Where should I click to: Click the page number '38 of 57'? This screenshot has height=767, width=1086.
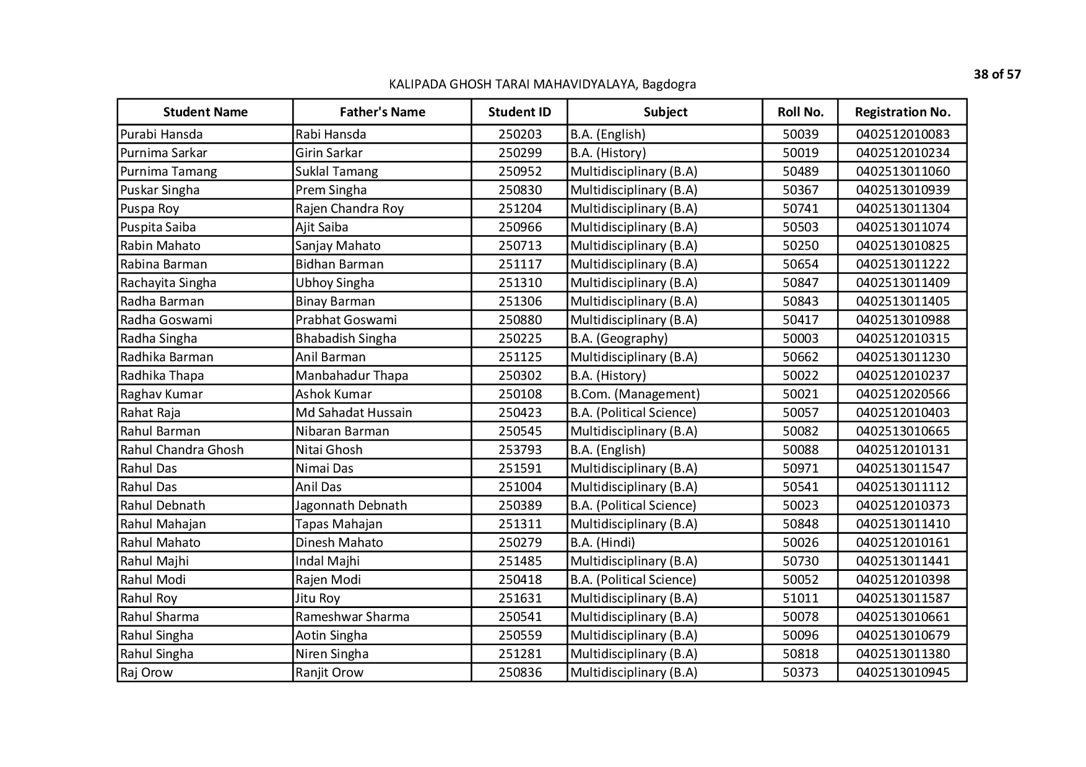997,75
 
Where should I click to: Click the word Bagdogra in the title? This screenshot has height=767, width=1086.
669,84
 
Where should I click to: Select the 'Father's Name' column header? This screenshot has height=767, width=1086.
382,112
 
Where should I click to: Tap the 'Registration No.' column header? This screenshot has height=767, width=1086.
902,112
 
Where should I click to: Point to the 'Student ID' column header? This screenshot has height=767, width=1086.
519,112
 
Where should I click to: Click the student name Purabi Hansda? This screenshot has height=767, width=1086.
162,134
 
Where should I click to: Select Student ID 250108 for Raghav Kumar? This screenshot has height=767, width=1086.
519,394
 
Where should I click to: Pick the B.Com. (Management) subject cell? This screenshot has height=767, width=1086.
635,394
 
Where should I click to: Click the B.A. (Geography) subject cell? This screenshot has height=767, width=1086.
619,338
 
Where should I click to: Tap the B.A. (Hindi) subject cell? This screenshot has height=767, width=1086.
602,542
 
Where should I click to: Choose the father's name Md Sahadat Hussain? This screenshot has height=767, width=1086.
354,413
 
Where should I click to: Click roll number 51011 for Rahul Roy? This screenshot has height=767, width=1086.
800,598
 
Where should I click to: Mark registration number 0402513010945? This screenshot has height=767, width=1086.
902,672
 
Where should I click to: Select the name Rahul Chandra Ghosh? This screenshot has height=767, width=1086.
182,450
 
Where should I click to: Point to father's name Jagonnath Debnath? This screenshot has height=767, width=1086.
351,505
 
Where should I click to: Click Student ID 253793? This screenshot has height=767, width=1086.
519,450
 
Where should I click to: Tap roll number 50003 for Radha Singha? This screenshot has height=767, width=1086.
800,338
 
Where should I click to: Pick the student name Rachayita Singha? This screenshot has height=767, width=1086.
168,283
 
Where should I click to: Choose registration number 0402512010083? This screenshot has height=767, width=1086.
902,134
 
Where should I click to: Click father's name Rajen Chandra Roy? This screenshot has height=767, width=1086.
349,208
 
